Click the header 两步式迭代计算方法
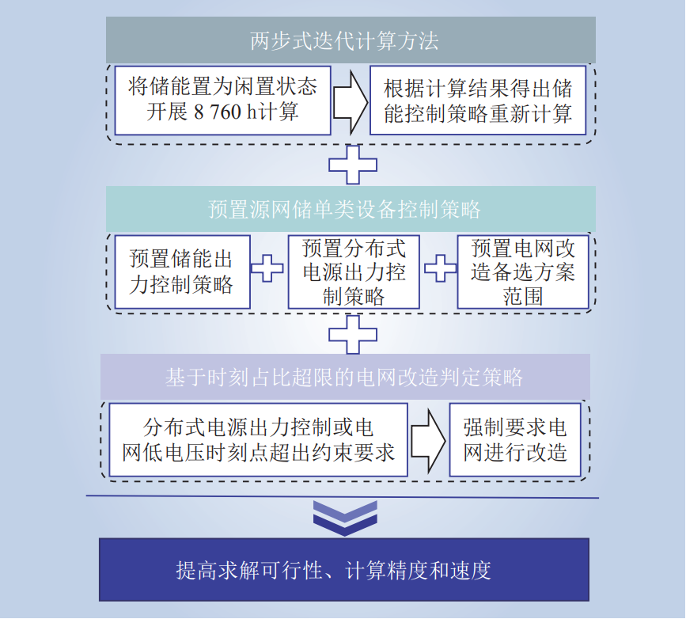343,40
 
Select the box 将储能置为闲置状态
222,100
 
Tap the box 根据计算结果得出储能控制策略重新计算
477,100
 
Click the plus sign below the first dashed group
352,165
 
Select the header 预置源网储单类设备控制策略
343,210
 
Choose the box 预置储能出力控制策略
181,272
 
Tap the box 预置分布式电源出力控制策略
353,272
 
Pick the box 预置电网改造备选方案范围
523,272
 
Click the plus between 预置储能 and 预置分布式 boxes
267,268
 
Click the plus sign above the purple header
352,334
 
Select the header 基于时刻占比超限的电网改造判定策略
343,378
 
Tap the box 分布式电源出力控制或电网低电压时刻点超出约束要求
258,440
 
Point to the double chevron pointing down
344,516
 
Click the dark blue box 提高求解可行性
343,570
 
